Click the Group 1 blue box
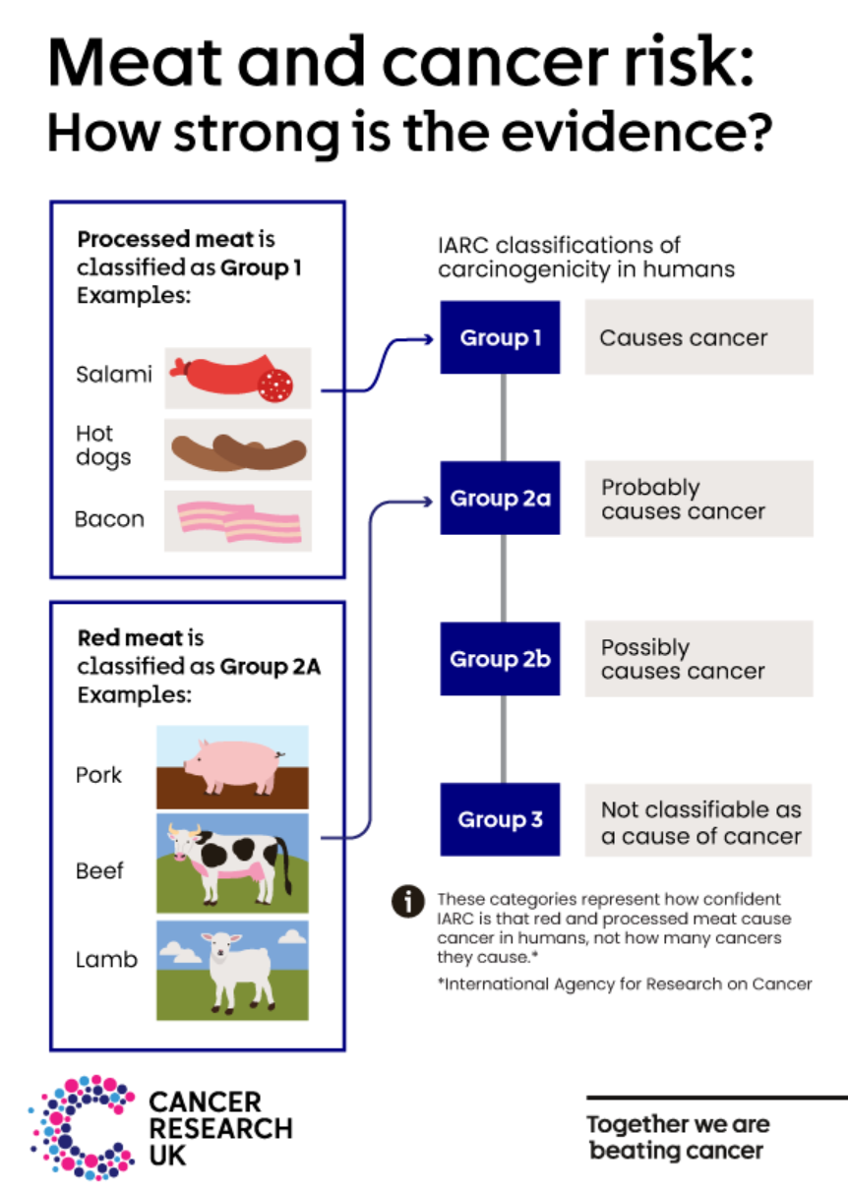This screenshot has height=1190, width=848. [500, 337]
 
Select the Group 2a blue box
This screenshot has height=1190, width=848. [500, 498]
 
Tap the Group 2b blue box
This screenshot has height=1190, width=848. [500, 658]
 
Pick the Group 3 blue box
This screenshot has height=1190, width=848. [500, 819]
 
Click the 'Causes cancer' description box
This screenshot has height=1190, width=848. [698, 337]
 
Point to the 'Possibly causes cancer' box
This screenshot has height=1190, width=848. [698, 659]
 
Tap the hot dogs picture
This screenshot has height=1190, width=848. [239, 452]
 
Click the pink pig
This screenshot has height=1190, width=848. [232, 766]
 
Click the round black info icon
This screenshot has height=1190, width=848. [407, 902]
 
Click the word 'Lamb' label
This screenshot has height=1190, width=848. [106, 960]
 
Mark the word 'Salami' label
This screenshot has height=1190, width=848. [114, 374]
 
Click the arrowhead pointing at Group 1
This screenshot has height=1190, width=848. [428, 339]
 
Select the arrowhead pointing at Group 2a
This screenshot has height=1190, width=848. [428, 501]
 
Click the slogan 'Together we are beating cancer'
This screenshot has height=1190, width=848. [678, 1138]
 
